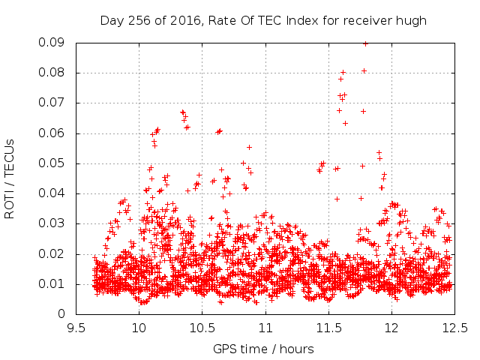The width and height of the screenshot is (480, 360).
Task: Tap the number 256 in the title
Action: point(139,20)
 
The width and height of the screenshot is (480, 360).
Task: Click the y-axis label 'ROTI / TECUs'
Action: point(10,179)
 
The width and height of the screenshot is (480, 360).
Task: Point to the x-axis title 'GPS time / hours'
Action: point(263,349)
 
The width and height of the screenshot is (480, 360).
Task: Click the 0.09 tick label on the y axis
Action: point(52,42)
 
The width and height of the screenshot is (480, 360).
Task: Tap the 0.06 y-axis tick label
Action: point(52,133)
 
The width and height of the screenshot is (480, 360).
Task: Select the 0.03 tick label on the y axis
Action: point(52,223)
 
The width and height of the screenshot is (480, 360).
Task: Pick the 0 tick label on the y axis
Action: point(61,313)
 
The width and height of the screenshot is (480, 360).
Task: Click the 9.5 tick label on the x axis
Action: point(76,328)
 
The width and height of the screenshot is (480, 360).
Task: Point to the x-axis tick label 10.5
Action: point(202,328)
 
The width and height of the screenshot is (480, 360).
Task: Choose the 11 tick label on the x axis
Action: point(265,328)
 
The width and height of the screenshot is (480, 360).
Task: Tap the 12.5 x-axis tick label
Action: point(455,328)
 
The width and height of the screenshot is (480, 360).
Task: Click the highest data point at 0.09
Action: point(365,43)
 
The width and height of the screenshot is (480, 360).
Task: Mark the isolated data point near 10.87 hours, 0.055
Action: point(249,147)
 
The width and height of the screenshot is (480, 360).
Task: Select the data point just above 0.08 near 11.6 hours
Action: point(343,72)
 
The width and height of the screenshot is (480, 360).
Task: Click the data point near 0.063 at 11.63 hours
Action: point(345,123)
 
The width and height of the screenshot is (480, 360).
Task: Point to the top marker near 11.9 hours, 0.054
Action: point(379,152)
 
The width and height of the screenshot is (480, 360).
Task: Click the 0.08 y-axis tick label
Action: point(52,73)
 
